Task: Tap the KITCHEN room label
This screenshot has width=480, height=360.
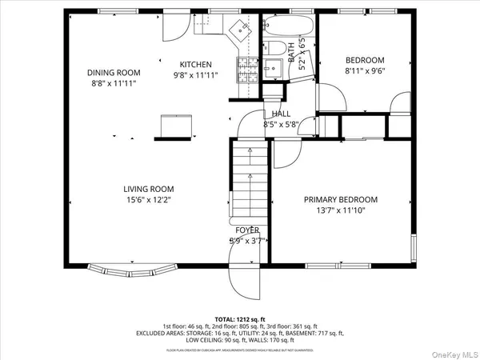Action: [x=195, y=65]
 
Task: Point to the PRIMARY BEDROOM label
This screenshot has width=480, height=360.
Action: [x=340, y=200]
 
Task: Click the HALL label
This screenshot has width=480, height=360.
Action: [x=281, y=114]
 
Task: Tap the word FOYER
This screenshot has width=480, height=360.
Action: [x=247, y=230]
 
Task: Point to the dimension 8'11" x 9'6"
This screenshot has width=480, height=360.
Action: [x=365, y=70]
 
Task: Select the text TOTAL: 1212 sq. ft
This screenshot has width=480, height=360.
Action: [x=239, y=318]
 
